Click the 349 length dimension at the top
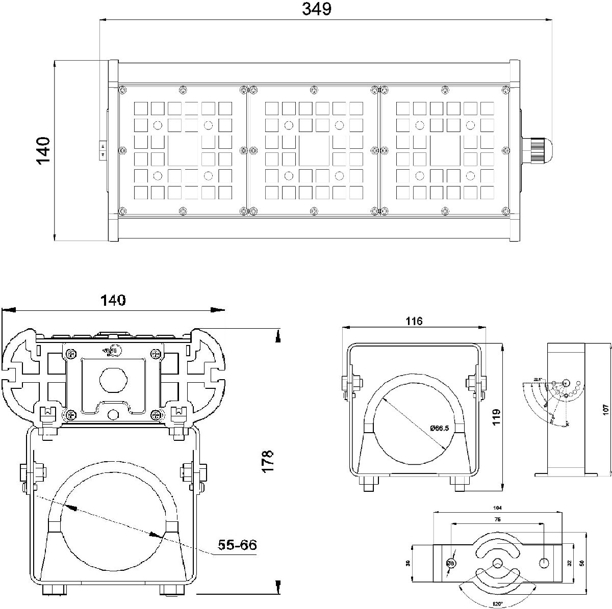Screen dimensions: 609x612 pos(317,9)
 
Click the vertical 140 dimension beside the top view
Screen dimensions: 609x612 pos(44,150)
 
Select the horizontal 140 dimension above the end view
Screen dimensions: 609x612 pos(113,300)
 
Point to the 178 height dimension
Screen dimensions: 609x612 pos(269,461)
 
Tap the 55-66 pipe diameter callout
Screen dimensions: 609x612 pos(237,545)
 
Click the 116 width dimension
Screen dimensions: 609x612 pos(414,321)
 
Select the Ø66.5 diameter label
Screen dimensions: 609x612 pos(439,428)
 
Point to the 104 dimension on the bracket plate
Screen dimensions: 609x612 pos(498,508)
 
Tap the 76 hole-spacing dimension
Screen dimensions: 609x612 pos(497,519)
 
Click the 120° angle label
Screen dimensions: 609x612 pos(498,604)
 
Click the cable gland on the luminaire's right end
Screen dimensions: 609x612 pos(538,149)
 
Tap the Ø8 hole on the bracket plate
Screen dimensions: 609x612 pos(451,563)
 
